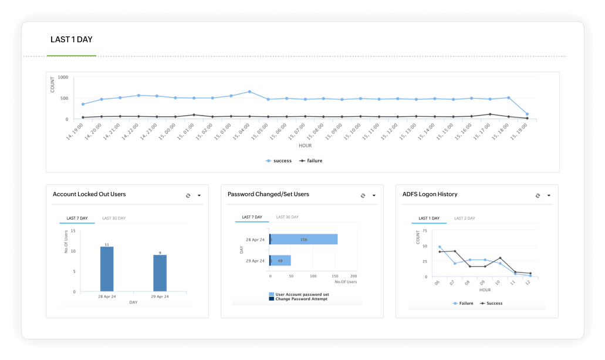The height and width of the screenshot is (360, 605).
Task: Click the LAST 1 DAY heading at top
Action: (72, 40)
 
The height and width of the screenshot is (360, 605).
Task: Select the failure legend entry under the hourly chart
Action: (311, 160)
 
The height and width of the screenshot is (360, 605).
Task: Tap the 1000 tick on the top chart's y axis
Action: (63, 78)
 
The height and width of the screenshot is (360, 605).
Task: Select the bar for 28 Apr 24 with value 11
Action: (107, 269)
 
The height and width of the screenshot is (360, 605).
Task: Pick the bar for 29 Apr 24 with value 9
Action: (160, 273)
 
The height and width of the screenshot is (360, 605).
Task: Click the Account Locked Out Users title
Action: (89, 194)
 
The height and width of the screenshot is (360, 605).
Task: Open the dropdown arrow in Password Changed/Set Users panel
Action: (374, 196)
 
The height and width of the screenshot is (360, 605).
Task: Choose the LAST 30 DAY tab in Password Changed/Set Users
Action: (288, 217)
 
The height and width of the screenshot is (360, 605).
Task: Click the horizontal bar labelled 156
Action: (304, 239)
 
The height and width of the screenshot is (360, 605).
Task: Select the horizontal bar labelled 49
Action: (280, 260)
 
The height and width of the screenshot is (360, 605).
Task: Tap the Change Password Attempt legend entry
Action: (300, 299)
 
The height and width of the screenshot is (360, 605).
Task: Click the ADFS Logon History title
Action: (430, 194)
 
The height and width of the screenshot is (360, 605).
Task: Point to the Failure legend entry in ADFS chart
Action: (463, 304)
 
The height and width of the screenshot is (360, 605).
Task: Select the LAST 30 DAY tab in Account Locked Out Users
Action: (114, 218)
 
